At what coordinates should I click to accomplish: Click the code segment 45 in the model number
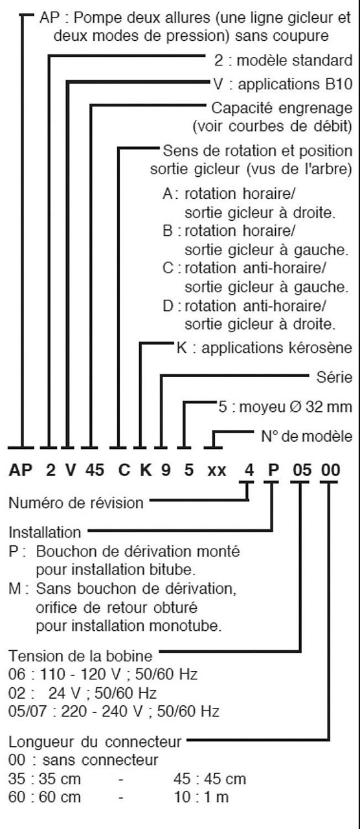point(95,470)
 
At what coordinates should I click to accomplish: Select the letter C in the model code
point(124,470)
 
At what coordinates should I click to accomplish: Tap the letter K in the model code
point(146,470)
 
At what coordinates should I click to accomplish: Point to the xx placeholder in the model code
point(217,471)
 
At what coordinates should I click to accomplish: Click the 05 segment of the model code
point(302,470)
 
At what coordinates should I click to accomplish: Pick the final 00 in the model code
point(330,470)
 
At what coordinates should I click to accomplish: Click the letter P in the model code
point(273,470)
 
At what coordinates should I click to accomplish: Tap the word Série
point(334,377)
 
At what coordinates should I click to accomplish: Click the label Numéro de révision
point(76,503)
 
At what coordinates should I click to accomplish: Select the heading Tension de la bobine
point(80,656)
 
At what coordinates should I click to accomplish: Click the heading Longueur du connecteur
point(95,742)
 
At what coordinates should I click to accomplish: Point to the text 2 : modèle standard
point(284,60)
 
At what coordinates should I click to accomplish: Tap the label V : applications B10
point(283,84)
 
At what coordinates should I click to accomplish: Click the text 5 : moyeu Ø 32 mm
point(286,407)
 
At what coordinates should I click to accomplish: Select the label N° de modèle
point(307,437)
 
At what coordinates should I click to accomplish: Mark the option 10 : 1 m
point(201,797)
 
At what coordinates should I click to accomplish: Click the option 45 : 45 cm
point(210,778)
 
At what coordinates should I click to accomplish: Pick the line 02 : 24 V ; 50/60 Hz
point(82,693)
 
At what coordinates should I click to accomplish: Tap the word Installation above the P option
point(45,532)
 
